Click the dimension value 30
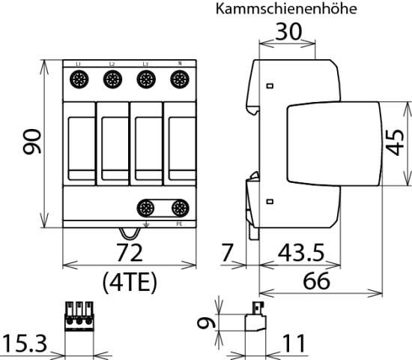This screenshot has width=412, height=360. point(287,32)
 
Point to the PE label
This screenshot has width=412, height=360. point(178,223)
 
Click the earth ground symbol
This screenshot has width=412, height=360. point(146,223)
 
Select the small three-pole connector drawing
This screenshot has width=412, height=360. point(79,317)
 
